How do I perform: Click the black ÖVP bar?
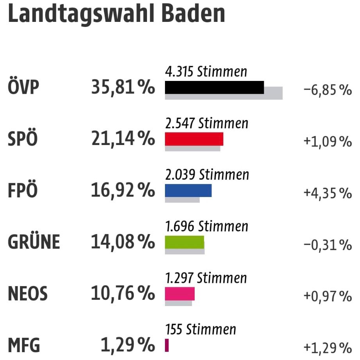(x=214, y=87)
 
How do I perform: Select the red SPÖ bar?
(x=194, y=139)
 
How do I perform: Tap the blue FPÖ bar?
(x=188, y=190)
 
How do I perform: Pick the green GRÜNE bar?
(x=184, y=242)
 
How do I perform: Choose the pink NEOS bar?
(x=179, y=294)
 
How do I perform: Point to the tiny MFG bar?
(x=167, y=345)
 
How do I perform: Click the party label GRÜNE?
(x=34, y=242)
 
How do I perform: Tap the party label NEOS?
(x=27, y=294)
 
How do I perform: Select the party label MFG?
(x=24, y=346)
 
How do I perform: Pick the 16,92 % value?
(x=123, y=191)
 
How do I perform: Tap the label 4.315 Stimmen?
(x=206, y=72)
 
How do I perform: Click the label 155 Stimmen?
(x=201, y=330)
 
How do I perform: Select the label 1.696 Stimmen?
(x=206, y=226)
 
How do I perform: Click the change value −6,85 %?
(x=328, y=91)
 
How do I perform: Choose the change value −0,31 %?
(x=328, y=245)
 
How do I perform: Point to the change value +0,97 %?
(x=328, y=297)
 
